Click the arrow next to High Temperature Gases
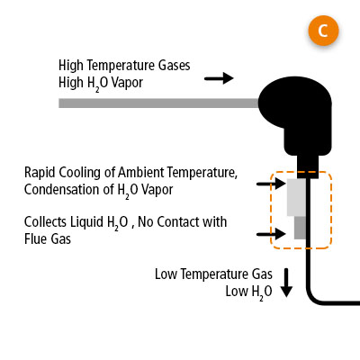pos(218,79)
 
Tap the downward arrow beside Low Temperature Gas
pos(287,283)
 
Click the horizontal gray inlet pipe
pos(162,103)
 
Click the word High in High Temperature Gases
pos(72,65)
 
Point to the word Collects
pos(46,221)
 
